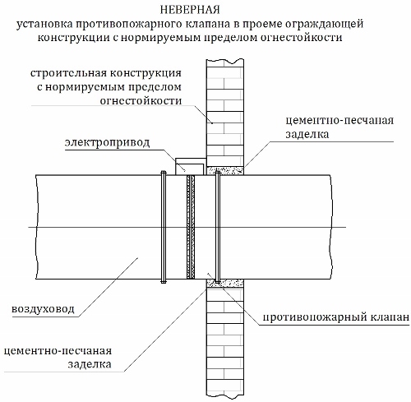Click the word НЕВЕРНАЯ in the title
click(x=190, y=10)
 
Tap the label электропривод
click(x=108, y=143)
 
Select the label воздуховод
click(x=43, y=309)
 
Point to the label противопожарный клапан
click(x=336, y=317)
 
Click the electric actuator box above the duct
click(x=191, y=167)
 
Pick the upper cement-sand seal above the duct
click(x=225, y=170)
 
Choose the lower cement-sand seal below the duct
click(x=225, y=283)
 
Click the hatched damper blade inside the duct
click(x=191, y=227)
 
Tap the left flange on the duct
click(x=164, y=227)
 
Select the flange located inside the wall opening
click(x=218, y=227)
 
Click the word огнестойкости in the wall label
click(x=141, y=101)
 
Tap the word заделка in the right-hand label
click(x=307, y=135)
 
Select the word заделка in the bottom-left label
click(x=90, y=365)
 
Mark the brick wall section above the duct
click(x=225, y=113)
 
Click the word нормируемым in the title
click(x=162, y=38)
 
